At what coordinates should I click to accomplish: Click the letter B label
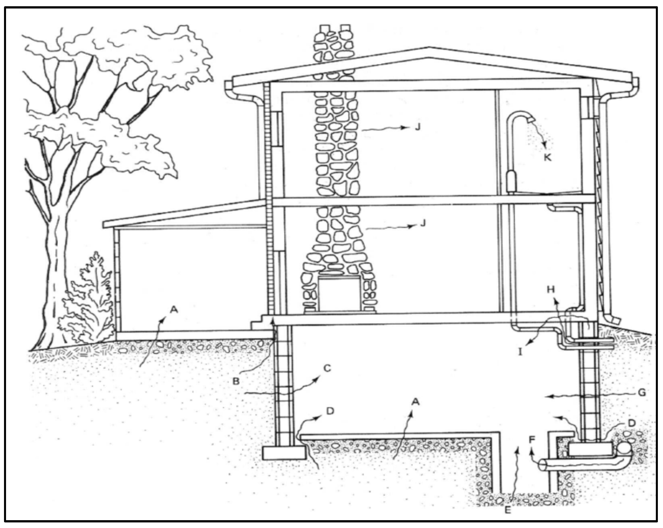coord(236,382)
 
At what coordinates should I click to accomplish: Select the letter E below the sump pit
coord(508,510)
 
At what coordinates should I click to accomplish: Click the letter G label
coord(642,393)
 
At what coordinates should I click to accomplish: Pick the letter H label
coord(551,289)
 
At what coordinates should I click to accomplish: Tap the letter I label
coord(520,352)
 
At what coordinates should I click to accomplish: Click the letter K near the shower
coord(548,158)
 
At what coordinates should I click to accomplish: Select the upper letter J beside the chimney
coord(417,127)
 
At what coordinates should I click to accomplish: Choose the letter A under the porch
coord(174,310)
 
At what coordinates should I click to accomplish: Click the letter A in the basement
coord(415,402)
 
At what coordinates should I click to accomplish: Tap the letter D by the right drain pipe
coord(631,423)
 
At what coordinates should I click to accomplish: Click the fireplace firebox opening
coord(339,294)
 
